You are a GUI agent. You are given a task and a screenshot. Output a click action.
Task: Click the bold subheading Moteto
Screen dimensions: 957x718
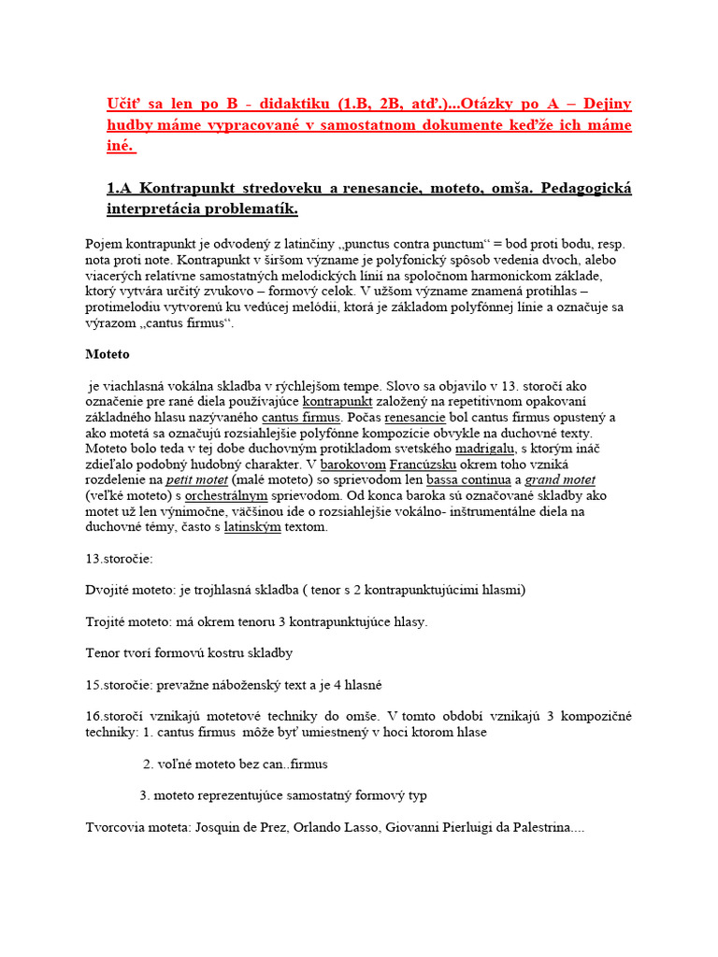point(108,355)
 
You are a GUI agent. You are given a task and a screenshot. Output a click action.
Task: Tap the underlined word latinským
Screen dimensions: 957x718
point(252,527)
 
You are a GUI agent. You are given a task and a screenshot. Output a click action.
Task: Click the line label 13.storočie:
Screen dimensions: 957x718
point(119,559)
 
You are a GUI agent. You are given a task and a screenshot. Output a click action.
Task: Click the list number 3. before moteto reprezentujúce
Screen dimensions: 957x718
point(145,795)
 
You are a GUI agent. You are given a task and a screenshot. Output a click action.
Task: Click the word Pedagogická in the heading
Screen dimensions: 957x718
point(582,189)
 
